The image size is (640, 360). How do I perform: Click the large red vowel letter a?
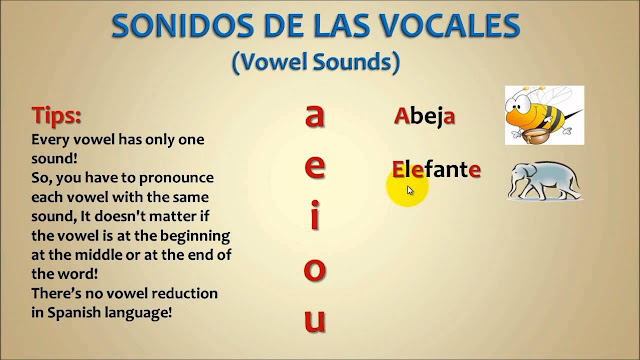[315, 117]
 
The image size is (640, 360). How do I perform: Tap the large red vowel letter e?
[315, 167]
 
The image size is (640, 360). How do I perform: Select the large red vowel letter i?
[315, 217]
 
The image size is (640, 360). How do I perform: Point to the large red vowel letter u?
[315, 321]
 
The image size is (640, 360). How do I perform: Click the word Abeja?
[425, 116]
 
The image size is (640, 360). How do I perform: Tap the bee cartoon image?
[543, 114]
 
